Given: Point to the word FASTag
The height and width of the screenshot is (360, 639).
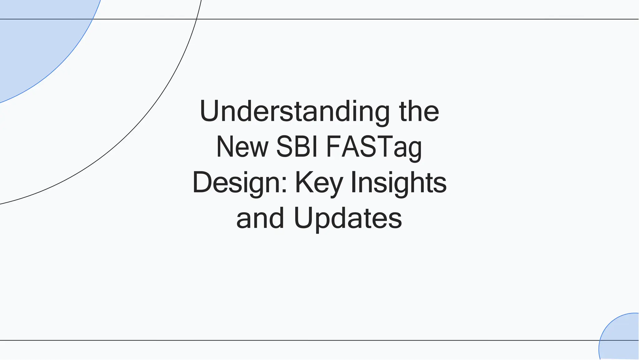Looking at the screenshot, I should (374, 147).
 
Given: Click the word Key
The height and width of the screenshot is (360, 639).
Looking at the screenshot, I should (319, 183).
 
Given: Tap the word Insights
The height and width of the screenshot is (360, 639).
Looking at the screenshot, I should (399, 183).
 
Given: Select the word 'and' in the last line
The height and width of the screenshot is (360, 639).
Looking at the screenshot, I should (260, 218).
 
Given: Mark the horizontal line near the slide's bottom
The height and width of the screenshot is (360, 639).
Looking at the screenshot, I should (312, 340).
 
